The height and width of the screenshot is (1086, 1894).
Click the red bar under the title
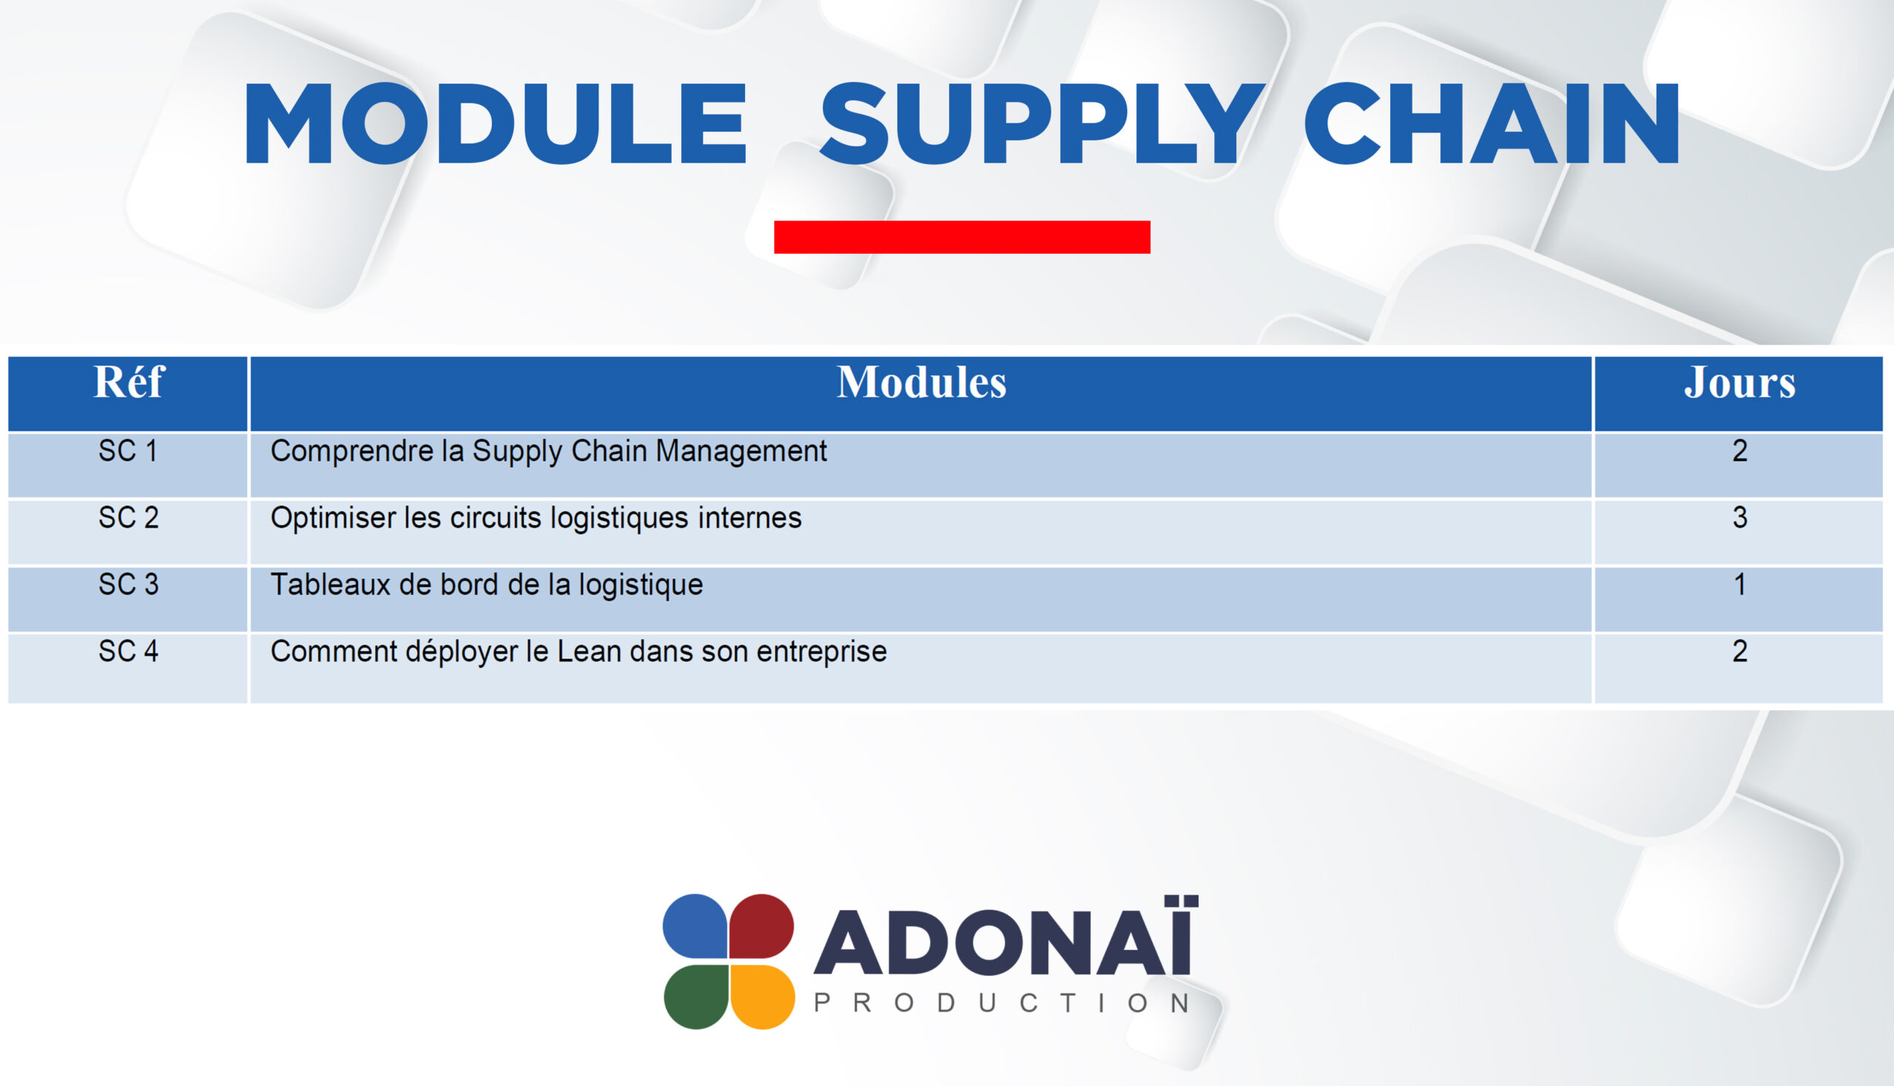pyautogui.click(x=962, y=237)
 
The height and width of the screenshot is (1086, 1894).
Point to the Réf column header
pyautogui.click(x=128, y=382)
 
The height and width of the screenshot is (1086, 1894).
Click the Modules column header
pyautogui.click(x=921, y=382)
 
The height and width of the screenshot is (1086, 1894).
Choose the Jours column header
pyautogui.click(x=1739, y=382)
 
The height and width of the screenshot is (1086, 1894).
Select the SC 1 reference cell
pyautogui.click(x=128, y=451)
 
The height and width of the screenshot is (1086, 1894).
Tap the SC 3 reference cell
pyautogui.click(x=128, y=584)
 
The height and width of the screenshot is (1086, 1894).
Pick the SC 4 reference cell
pyautogui.click(x=128, y=652)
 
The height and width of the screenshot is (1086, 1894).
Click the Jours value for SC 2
pyautogui.click(x=1739, y=518)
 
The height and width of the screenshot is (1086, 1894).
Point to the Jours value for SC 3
pyautogui.click(x=1739, y=584)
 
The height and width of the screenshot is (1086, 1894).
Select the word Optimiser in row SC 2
pyautogui.click(x=333, y=519)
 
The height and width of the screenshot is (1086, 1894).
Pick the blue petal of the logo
pyautogui.click(x=695, y=925)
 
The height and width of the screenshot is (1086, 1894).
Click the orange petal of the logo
pyautogui.click(x=762, y=996)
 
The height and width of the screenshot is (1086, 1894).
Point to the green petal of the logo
pyautogui.click(x=695, y=996)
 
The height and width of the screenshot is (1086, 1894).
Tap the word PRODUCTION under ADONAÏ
pyautogui.click(x=1002, y=1003)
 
